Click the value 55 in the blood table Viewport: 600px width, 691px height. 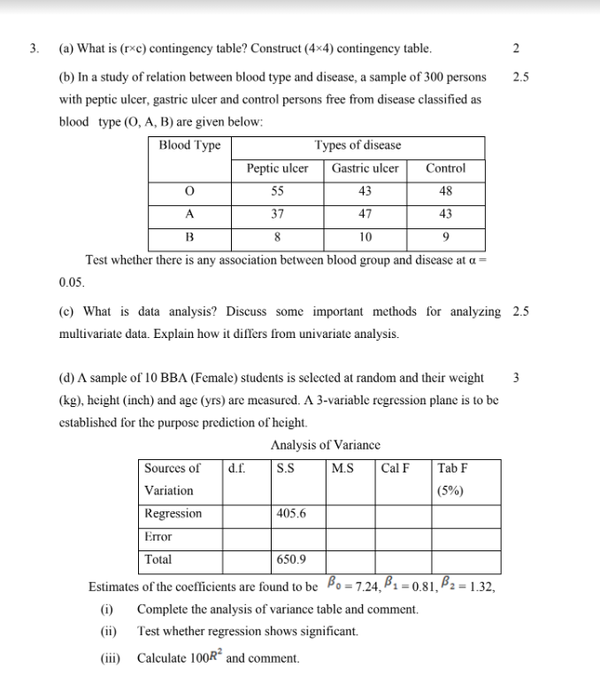tap(277, 191)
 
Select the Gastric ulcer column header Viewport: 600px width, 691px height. tap(365, 168)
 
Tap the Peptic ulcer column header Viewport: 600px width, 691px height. tap(277, 168)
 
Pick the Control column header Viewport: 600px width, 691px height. tap(445, 168)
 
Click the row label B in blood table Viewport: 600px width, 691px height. tap(188, 237)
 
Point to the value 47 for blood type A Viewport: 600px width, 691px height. tap(365, 214)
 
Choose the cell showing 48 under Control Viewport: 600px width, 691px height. tap(445, 191)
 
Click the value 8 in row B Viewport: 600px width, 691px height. tap(277, 237)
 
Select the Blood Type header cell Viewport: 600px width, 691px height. tap(189, 145)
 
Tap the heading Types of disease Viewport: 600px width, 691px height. tap(358, 145)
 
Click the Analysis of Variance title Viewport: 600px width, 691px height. tap(326, 445)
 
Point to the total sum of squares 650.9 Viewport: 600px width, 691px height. tap(291, 559)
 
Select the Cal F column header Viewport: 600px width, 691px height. tap(395, 468)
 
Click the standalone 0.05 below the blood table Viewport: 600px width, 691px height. tap(71, 283)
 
